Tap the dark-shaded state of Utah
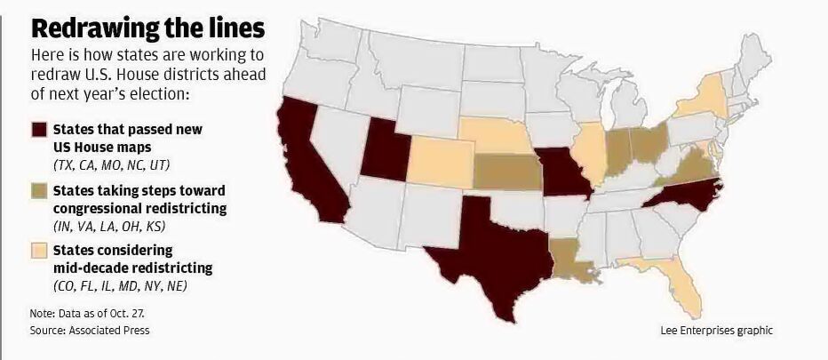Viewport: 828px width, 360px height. coord(383,146)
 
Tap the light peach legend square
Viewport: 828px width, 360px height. coord(39,252)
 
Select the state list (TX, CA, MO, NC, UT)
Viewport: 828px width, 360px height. coord(111,165)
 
